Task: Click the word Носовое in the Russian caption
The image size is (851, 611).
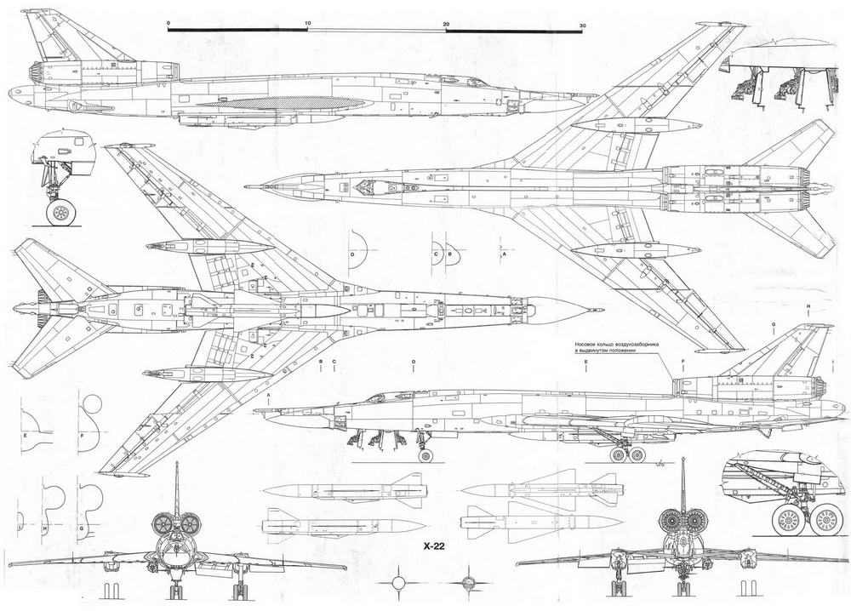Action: (x=591, y=345)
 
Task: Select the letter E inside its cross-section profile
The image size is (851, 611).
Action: (x=26, y=435)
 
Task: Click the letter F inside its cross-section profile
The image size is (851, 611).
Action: (x=82, y=435)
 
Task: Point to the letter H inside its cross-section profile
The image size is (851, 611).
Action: (x=44, y=528)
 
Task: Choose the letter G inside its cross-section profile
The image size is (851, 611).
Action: (x=82, y=528)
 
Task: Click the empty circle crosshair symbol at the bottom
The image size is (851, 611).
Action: (x=398, y=585)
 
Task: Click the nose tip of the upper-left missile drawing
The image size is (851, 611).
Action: (x=265, y=491)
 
